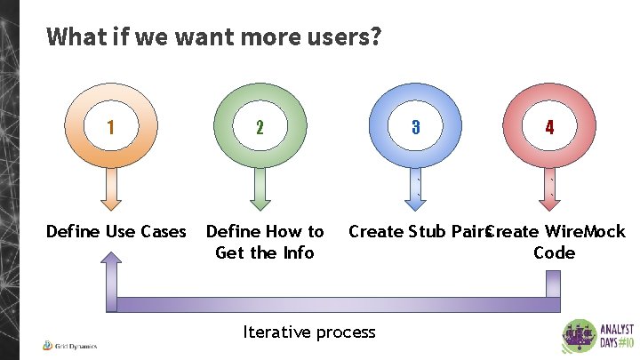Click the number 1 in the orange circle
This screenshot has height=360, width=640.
tap(109, 126)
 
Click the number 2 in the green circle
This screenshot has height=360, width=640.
tap(260, 126)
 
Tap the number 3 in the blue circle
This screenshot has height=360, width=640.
tap(415, 126)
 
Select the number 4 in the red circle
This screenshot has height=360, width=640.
tap(549, 126)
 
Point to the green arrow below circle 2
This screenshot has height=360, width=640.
tap(260, 188)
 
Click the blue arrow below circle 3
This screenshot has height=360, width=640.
tap(415, 188)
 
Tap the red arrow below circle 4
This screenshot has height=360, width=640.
tap(551, 188)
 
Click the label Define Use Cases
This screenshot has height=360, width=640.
tap(116, 232)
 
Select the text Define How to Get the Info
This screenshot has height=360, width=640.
tap(265, 242)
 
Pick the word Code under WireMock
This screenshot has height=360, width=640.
tap(554, 253)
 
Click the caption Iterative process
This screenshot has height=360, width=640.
tap(309, 332)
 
